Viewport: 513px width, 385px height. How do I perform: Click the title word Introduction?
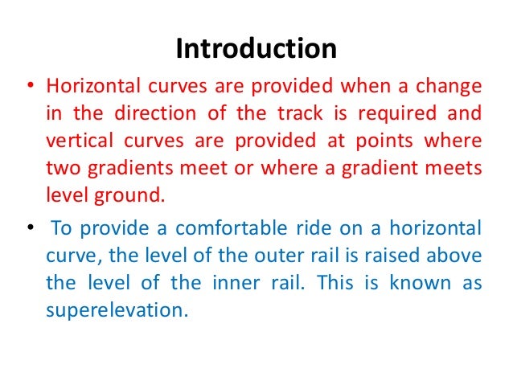[256, 49]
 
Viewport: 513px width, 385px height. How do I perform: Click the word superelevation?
[116, 309]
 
